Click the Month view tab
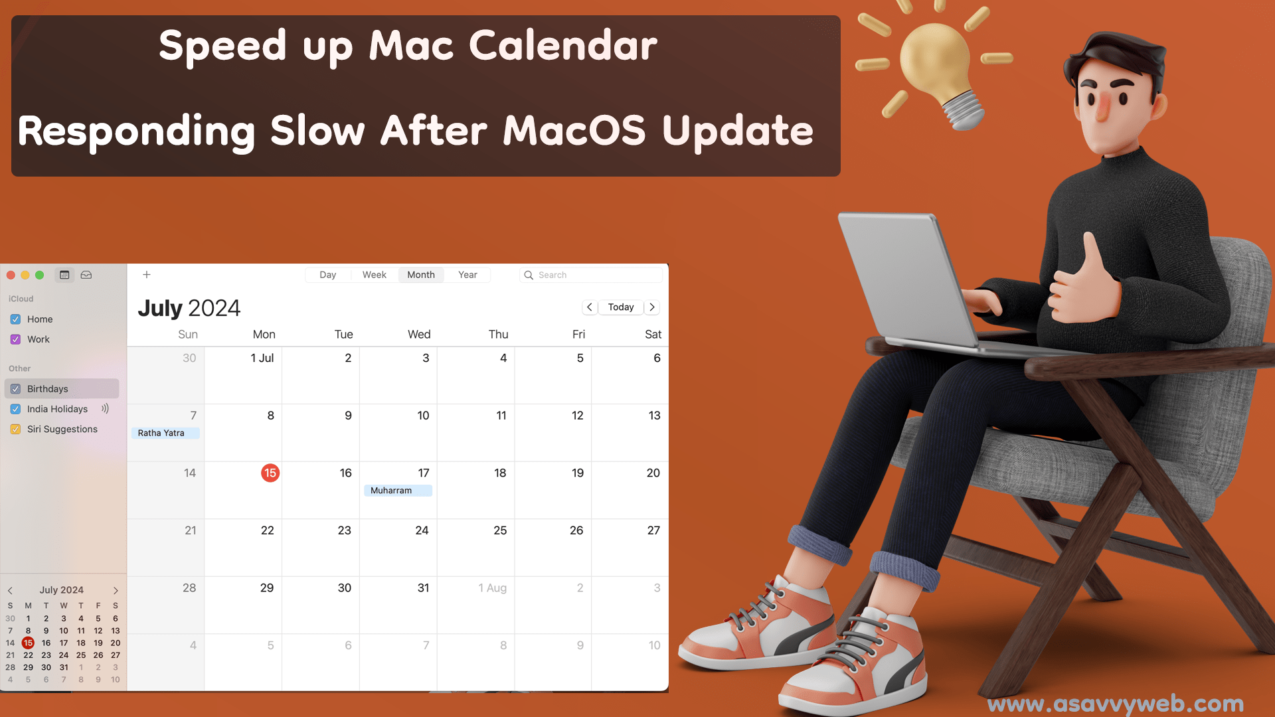[421, 275]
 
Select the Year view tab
[467, 275]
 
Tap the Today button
[621, 307]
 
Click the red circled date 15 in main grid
[270, 473]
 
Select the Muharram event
[398, 491]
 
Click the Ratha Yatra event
[165, 433]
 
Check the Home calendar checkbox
[15, 319]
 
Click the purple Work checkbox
[15, 339]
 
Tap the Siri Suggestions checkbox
[15, 430]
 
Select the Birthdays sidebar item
[62, 389]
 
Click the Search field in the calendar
[591, 275]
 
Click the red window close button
[11, 275]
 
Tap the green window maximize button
[40, 275]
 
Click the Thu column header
[498, 335]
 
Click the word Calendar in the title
[563, 45]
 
